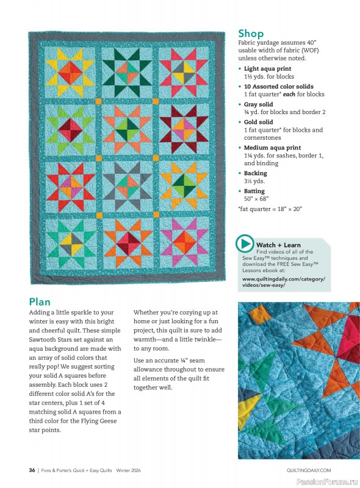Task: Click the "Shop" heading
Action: point(251,34)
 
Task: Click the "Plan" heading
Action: point(40,301)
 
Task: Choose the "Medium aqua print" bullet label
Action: point(272,148)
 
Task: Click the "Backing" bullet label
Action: point(255,173)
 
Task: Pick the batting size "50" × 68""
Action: point(256,199)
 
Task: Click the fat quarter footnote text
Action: point(270,209)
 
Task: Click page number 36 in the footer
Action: point(32,470)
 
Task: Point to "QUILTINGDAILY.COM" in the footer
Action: point(308,470)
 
